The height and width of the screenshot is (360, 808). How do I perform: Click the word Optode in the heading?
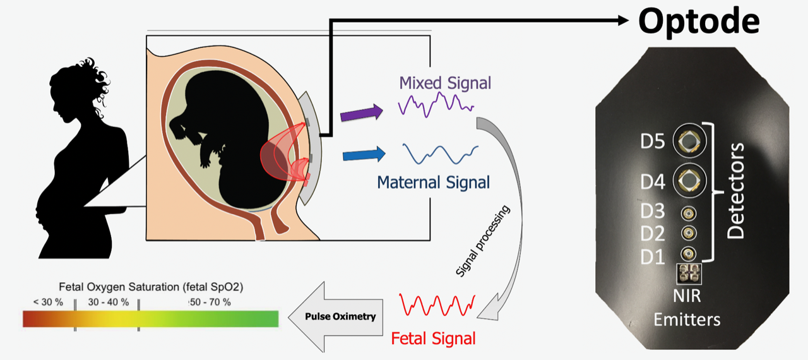tap(699, 21)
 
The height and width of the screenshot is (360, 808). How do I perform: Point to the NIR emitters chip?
tap(688, 273)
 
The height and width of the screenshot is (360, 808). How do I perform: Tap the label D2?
tap(652, 234)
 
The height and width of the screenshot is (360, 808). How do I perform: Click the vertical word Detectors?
tap(735, 190)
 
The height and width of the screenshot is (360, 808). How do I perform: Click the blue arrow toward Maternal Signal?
tap(364, 153)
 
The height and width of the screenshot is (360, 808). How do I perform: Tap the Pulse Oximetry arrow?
tap(338, 316)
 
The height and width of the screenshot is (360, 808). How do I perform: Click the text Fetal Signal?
tap(433, 339)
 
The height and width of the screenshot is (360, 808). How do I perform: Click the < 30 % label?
tap(49, 302)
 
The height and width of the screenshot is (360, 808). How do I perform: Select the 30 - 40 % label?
tap(108, 302)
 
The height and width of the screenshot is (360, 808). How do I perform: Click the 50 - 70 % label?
tap(210, 302)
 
